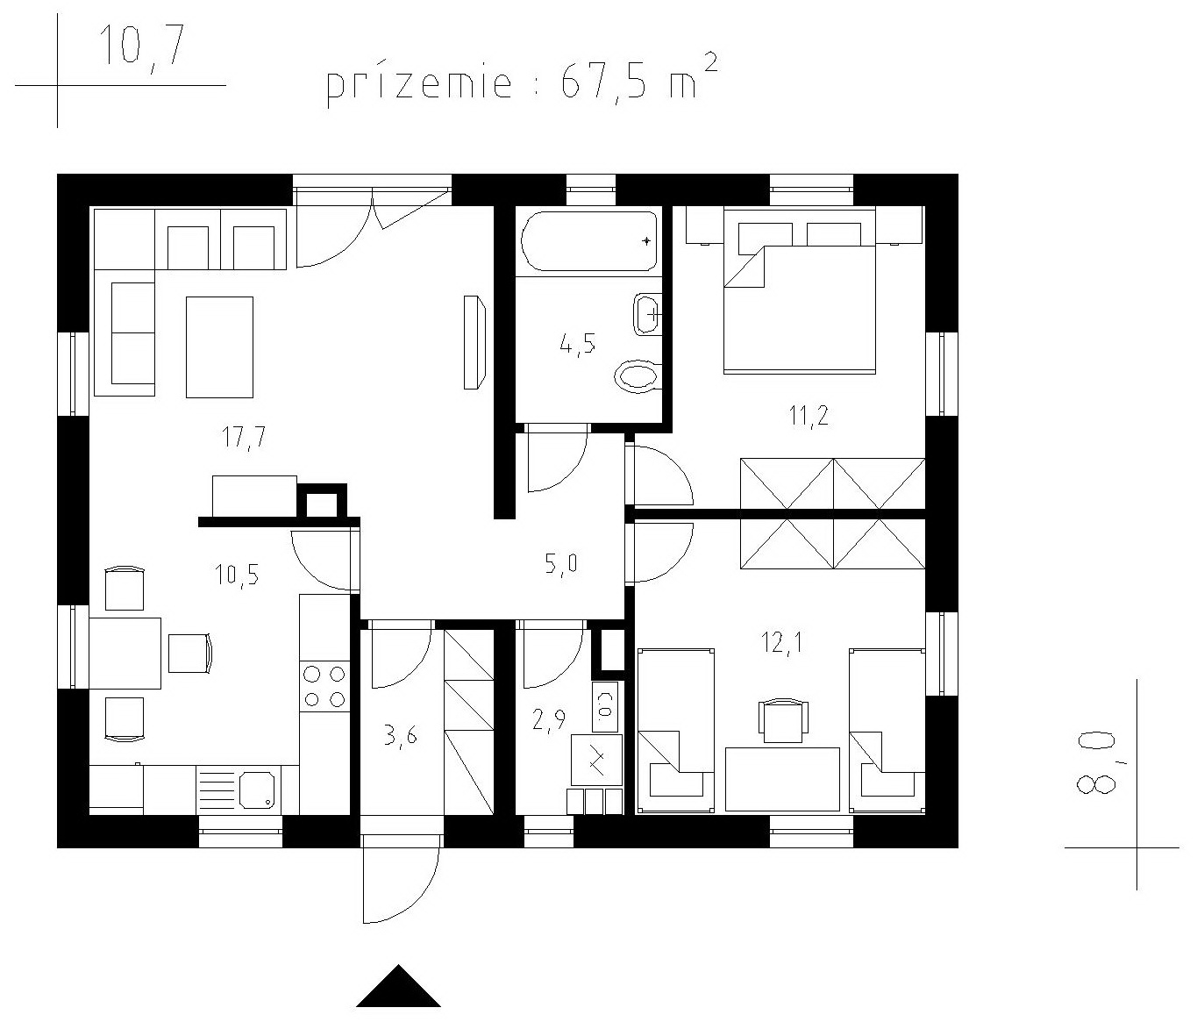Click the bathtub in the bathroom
(589, 241)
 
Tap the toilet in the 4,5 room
(637, 377)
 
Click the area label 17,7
(243, 437)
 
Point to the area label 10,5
(236, 575)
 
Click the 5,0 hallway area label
(560, 563)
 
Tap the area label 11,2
(809, 416)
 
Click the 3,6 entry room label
(400, 739)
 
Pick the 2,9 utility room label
(548, 723)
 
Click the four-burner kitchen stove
(324, 687)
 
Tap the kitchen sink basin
(257, 789)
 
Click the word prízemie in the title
(420, 87)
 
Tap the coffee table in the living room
(219, 347)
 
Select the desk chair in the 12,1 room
(783, 720)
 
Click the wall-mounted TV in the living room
(474, 342)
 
